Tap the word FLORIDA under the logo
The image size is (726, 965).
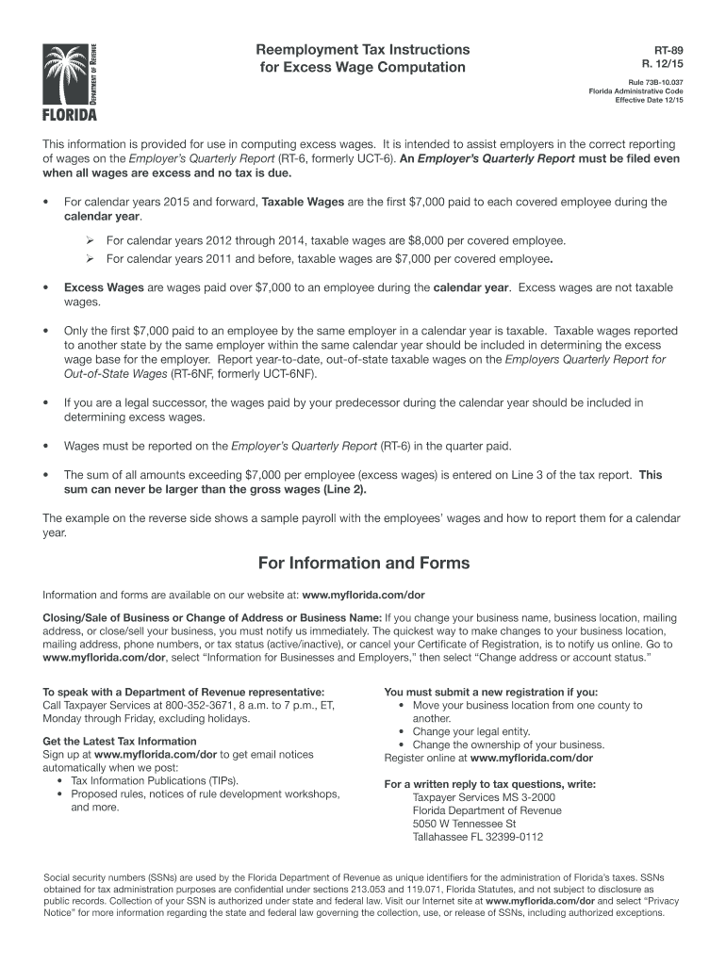tap(69, 116)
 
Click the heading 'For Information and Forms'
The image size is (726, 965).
tap(363, 563)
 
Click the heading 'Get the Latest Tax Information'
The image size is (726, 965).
tap(120, 742)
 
